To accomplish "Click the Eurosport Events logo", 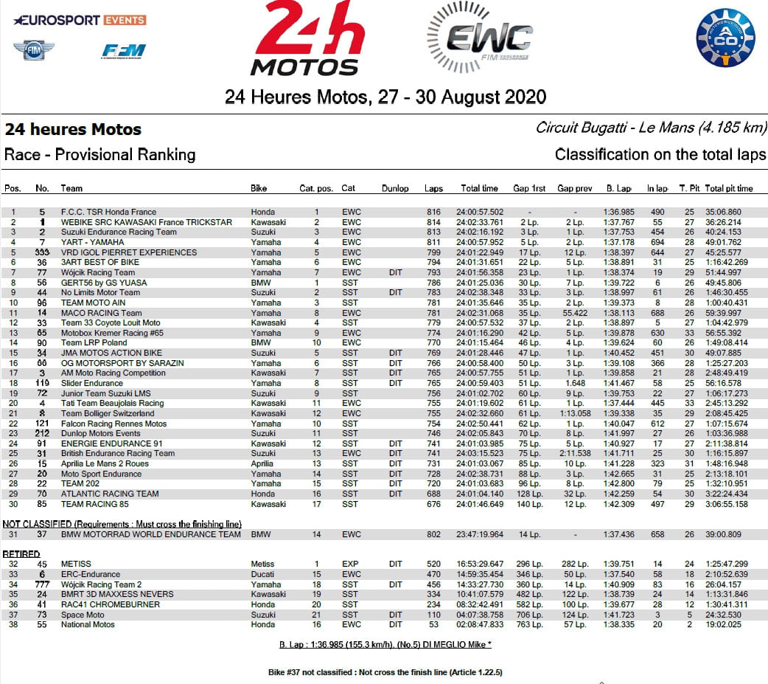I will click(x=80, y=20).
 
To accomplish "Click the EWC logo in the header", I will click(x=478, y=38).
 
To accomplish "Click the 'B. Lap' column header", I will click(x=618, y=189).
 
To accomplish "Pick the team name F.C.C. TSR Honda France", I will click(x=108, y=213).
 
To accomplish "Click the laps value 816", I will click(x=433, y=213).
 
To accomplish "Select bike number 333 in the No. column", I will click(x=43, y=252).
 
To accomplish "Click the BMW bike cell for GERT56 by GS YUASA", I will click(x=259, y=283).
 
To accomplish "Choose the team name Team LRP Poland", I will click(x=94, y=343).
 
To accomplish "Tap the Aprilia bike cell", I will click(x=262, y=464).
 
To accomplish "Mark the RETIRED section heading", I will click(x=21, y=553).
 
